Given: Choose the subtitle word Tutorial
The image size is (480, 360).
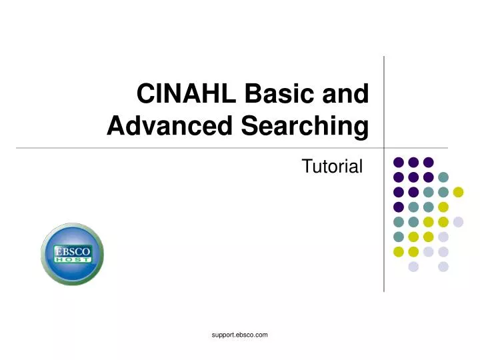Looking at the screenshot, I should (332, 167).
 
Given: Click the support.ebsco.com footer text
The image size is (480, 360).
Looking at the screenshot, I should (239, 335).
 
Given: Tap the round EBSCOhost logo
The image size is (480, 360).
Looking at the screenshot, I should (72, 254).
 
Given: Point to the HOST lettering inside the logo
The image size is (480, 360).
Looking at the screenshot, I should (72, 261).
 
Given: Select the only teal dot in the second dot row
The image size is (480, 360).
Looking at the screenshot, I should (443, 177).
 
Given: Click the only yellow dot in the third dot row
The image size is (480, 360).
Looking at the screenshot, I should (458, 192).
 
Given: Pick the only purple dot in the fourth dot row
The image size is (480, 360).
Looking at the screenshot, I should (399, 207).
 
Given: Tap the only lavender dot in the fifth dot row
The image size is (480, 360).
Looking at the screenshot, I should (458, 222).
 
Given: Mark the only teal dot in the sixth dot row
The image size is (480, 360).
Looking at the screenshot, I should (399, 237).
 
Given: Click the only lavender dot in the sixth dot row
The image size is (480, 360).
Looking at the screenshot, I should (443, 237).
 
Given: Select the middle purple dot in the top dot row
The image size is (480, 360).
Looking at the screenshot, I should (413, 162).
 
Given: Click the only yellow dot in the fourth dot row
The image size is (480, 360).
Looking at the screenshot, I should (443, 207).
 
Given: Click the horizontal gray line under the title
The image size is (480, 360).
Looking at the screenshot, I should (200, 147).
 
